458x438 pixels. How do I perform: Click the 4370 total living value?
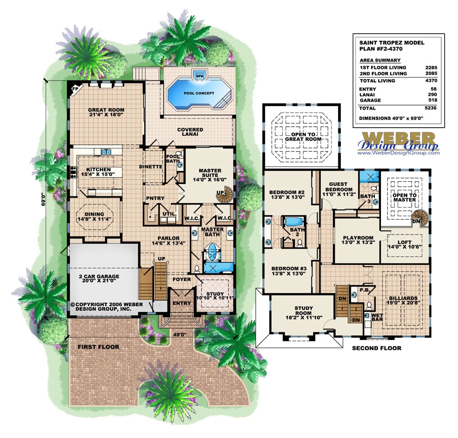[431, 81]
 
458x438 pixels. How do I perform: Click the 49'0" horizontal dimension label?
[181, 334]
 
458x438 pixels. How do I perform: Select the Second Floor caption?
[376, 348]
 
